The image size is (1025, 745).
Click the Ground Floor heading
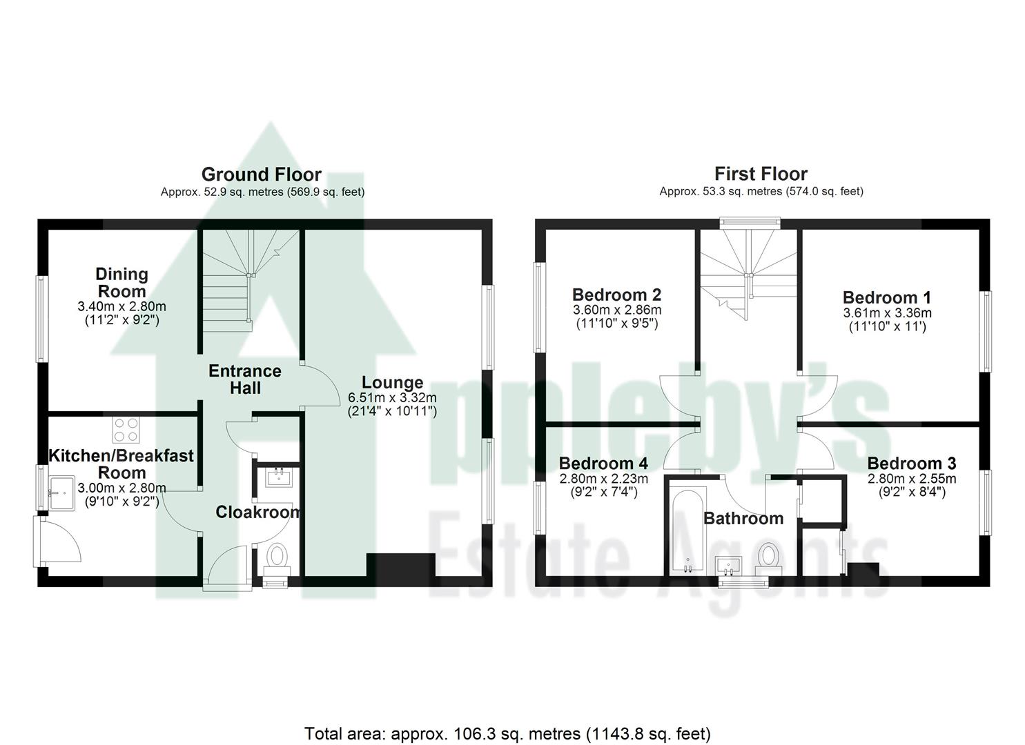(261, 174)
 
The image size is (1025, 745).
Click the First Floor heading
(761, 174)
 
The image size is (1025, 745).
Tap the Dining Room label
(121, 283)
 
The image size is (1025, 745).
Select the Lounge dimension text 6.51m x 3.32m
(392, 398)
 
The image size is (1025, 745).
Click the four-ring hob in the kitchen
(126, 430)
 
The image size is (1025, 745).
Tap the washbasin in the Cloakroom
(279, 476)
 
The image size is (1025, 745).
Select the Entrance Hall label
(245, 379)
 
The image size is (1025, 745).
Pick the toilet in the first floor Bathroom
(768, 556)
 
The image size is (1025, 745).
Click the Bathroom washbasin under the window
(728, 566)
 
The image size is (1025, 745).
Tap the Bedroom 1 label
(886, 297)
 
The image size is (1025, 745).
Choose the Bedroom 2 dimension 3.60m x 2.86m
(616, 310)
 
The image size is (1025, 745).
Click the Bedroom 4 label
(603, 463)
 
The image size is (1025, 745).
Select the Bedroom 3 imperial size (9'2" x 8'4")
(911, 492)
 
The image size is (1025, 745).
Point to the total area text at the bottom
(507, 733)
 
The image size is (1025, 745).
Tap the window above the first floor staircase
(749, 222)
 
